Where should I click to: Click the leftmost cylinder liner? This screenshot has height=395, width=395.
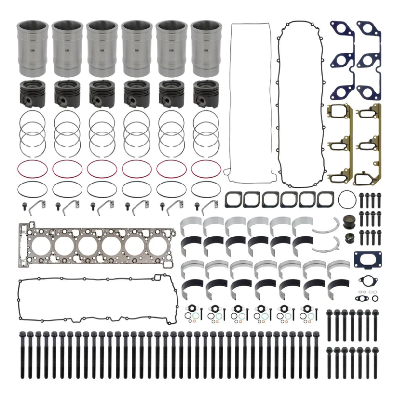pyautogui.click(x=32, y=48)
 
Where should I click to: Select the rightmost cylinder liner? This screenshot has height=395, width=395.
pyautogui.click(x=205, y=48)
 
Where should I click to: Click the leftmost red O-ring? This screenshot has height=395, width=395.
pyautogui.click(x=32, y=169)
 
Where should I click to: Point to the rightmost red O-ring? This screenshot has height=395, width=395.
pyautogui.click(x=206, y=169)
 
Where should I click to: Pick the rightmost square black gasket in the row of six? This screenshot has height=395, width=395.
pyautogui.click(x=324, y=198)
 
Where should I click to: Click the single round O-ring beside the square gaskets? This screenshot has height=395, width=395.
pyautogui.click(x=347, y=198)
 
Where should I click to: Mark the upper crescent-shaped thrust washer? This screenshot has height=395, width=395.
pyautogui.click(x=326, y=227)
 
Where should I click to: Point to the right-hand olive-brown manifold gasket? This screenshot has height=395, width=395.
pyautogui.click(x=368, y=145)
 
